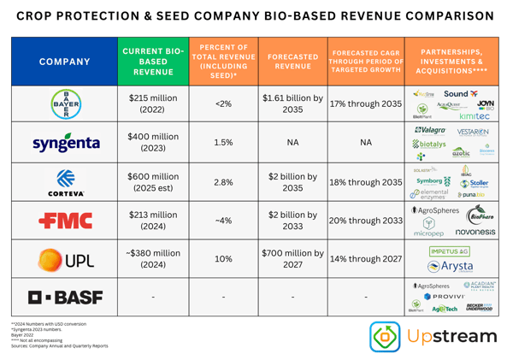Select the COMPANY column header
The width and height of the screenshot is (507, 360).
click(62, 61)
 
